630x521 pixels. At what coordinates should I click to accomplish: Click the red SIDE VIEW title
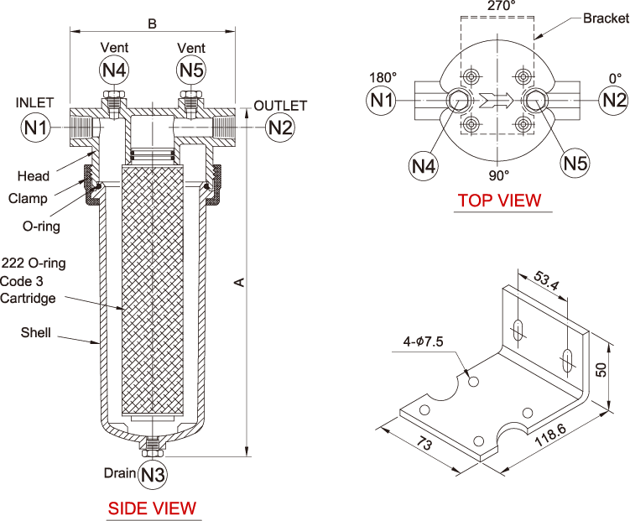coord(152,508)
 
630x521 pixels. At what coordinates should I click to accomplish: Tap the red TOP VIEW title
coord(500,201)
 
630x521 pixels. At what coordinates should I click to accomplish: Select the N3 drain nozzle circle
coord(153,475)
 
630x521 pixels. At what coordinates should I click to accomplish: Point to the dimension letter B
coord(153,23)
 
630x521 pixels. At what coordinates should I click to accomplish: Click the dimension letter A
coord(239,283)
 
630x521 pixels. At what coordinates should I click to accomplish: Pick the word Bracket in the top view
coord(606,18)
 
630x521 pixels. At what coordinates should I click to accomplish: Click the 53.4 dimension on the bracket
coord(546,281)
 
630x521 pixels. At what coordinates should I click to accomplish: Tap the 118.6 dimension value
coord(550,435)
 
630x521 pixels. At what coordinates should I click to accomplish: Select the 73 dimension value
coord(424,444)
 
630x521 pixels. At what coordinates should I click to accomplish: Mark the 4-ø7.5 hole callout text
coord(423,341)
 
